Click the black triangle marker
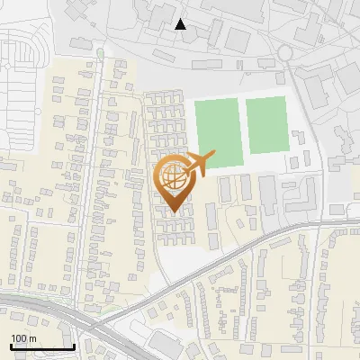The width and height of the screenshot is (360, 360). click(x=181, y=24)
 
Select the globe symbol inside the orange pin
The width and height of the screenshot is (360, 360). click(x=174, y=176)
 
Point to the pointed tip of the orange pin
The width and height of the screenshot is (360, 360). click(x=174, y=212)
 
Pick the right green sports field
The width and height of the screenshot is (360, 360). click(x=266, y=124)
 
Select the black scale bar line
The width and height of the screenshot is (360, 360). click(x=41, y=346)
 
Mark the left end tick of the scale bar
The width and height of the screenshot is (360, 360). click(x=11, y=345)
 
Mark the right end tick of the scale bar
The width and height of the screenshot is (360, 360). click(x=73, y=345)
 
